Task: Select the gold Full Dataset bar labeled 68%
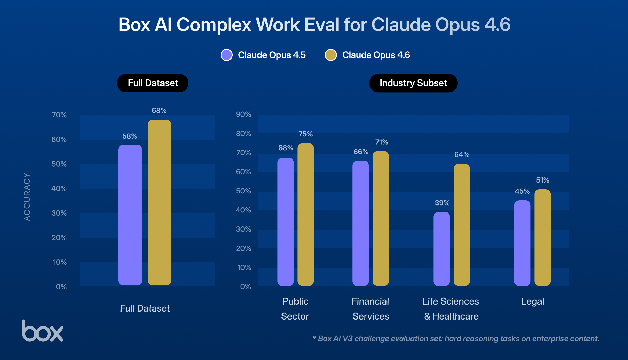pos(159,202)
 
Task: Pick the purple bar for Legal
pos(522,243)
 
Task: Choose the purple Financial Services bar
pos(360,223)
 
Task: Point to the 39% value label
pos(442,203)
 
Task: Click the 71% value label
pos(381,142)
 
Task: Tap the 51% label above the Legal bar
pos(542,180)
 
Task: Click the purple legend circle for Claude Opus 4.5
pos(227,55)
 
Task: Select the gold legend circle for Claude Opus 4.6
pos(331,55)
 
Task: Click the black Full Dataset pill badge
pos(152,83)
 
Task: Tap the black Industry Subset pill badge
pos(413,83)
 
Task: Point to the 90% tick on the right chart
pos(243,114)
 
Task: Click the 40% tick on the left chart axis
pos(59,189)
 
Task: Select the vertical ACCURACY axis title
pos(27,197)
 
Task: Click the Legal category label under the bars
pos(532,301)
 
